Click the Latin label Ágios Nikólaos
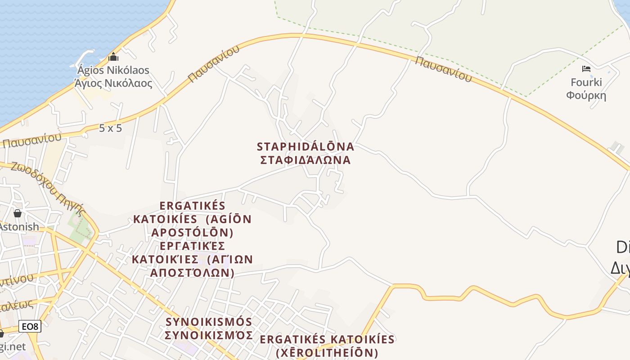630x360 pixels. pyautogui.click(x=113, y=70)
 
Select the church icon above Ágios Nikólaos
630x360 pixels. pyautogui.click(x=113, y=57)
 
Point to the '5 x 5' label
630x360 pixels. pyautogui.click(x=110, y=128)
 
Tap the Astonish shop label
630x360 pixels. pyautogui.click(x=19, y=226)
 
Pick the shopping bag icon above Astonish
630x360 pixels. pyautogui.click(x=18, y=213)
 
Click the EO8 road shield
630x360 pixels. pyautogui.click(x=30, y=327)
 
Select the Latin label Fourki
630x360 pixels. pyautogui.click(x=586, y=82)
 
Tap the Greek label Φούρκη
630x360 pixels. pyautogui.click(x=586, y=95)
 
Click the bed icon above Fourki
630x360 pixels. pyautogui.click(x=586, y=69)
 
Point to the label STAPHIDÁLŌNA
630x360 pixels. pyautogui.click(x=306, y=147)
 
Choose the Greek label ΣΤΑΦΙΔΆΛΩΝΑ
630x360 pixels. pyautogui.click(x=306, y=160)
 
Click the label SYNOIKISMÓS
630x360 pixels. pyautogui.click(x=209, y=322)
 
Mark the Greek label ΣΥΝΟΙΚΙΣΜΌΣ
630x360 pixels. pyautogui.click(x=209, y=335)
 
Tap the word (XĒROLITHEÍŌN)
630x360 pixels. pyautogui.click(x=327, y=353)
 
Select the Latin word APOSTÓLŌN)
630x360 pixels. pyautogui.click(x=192, y=233)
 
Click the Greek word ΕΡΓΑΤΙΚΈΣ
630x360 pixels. pyautogui.click(x=192, y=246)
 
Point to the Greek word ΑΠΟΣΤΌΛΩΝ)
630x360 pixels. pyautogui.click(x=192, y=273)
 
